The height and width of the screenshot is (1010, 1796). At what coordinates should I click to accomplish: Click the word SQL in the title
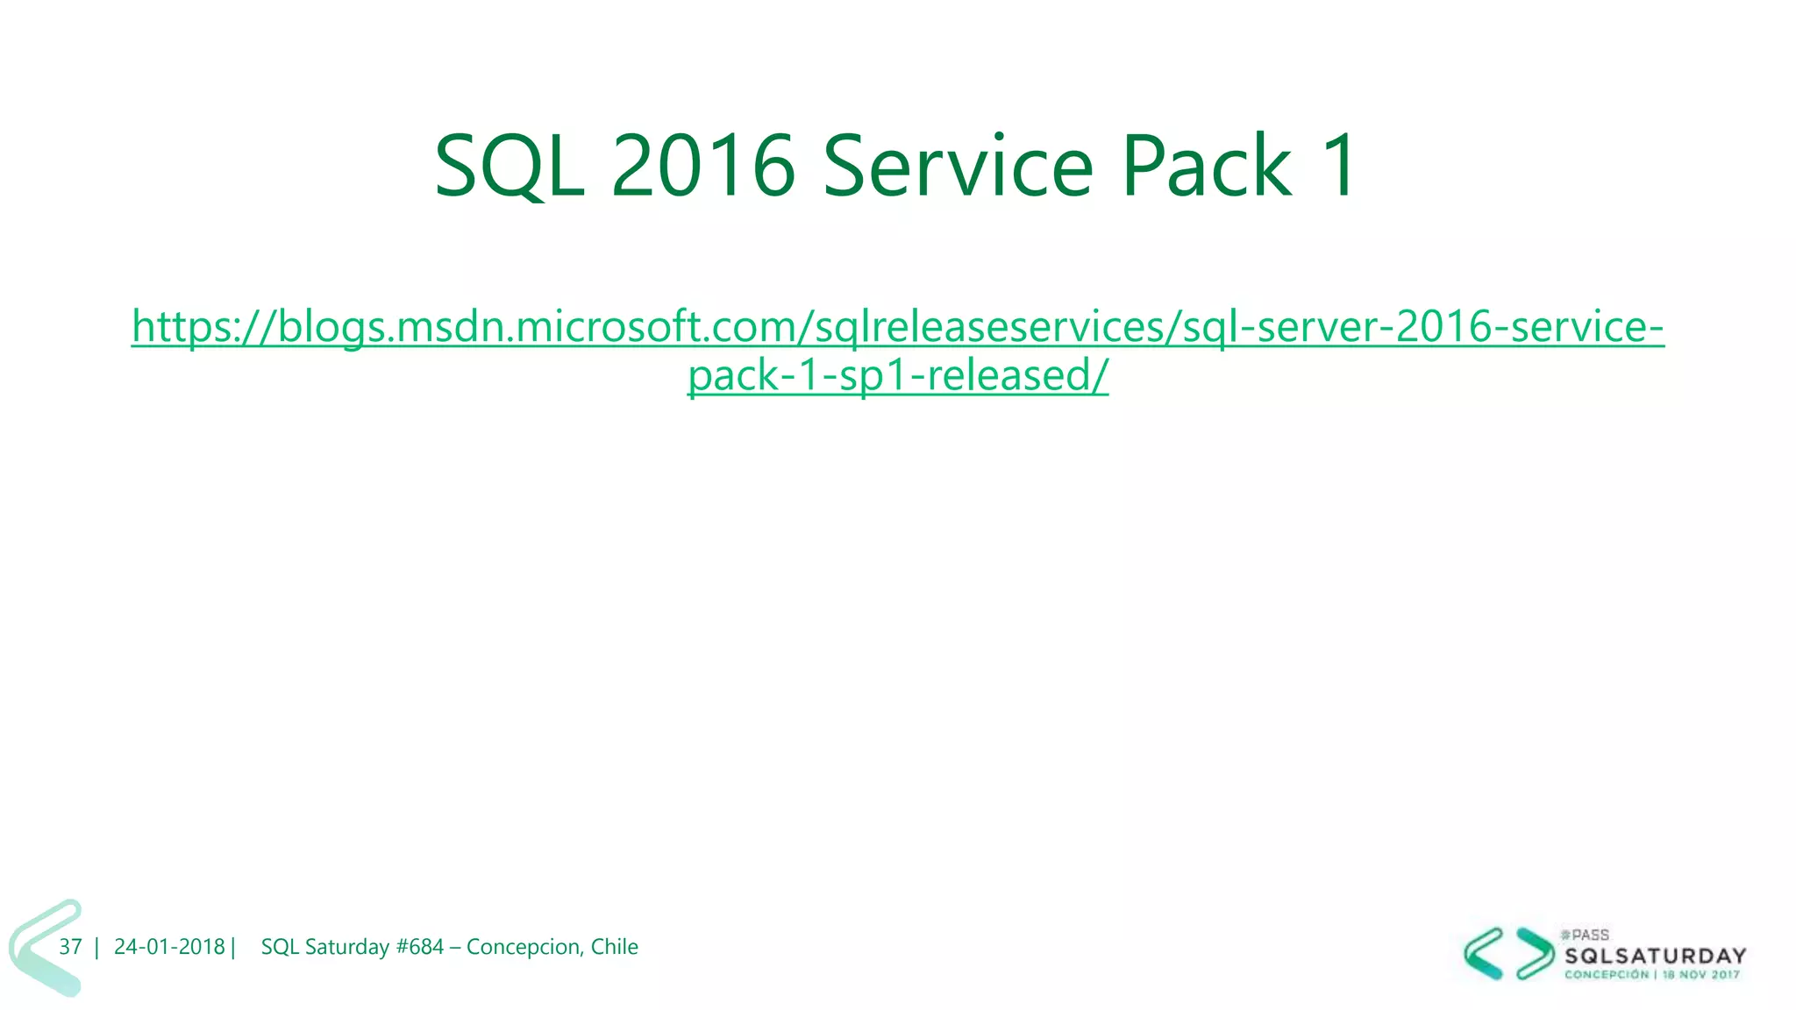coord(510,167)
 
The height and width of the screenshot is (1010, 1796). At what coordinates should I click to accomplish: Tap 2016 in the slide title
coord(702,167)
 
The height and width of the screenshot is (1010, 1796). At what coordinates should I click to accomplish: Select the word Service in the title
coord(958,167)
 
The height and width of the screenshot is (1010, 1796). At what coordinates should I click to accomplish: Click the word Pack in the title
coord(1206,167)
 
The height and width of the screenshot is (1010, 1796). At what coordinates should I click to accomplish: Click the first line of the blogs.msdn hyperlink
coord(897,327)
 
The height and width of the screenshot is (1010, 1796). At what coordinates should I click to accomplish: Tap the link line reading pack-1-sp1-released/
coord(897,376)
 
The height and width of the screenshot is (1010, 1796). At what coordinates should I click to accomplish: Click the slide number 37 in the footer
coord(70,947)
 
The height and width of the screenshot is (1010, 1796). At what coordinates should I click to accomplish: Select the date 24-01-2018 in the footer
coord(169,947)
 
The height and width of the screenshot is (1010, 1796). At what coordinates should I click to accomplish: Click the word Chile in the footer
coord(614,947)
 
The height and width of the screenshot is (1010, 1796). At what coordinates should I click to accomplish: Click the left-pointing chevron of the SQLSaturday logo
coord(1484,953)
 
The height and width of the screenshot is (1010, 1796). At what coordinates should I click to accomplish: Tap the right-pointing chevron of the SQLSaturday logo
coord(1535,953)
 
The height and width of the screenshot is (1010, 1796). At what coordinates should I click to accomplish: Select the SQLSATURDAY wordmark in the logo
coord(1656,956)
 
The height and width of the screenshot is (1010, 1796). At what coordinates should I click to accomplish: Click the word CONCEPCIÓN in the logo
coord(1606,975)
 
